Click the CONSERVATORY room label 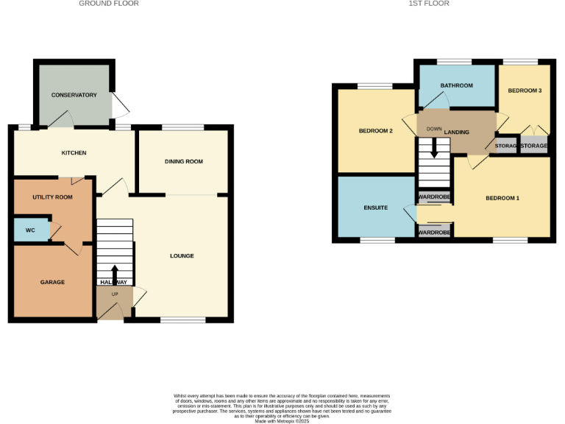[x=74, y=95]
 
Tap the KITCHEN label [x=74, y=153]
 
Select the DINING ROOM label [x=183, y=161]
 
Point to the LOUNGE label [x=182, y=256]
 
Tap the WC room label [x=30, y=230]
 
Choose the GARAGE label [x=52, y=282]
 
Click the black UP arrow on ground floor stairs [x=115, y=272]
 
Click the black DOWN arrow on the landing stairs [x=434, y=149]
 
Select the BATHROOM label [x=456, y=85]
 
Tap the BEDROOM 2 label [x=375, y=131]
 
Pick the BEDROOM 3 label [x=525, y=91]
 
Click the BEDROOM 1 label [x=502, y=198]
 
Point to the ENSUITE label [x=375, y=208]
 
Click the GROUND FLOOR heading [x=109, y=4]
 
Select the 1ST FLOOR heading [x=429, y=4]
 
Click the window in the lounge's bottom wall [x=183, y=319]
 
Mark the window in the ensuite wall [x=377, y=239]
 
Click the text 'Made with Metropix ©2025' [x=282, y=421]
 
